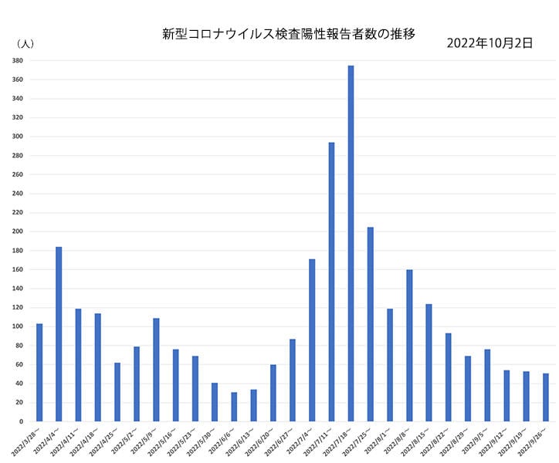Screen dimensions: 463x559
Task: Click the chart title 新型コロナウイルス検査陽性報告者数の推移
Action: pos(289,34)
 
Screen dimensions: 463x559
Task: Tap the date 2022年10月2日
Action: pos(490,43)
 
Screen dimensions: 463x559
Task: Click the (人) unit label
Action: pos(25,44)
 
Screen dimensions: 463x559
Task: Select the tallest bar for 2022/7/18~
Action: pos(351,243)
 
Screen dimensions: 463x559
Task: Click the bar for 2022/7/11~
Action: pos(331,282)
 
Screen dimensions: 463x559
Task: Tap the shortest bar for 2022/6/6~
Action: pos(234,407)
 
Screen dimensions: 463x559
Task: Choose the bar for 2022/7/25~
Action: pos(371,324)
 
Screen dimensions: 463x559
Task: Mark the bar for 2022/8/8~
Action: pos(409,345)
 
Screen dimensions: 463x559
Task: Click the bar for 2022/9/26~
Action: pos(546,397)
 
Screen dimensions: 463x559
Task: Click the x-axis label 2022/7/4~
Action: pos(300,441)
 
